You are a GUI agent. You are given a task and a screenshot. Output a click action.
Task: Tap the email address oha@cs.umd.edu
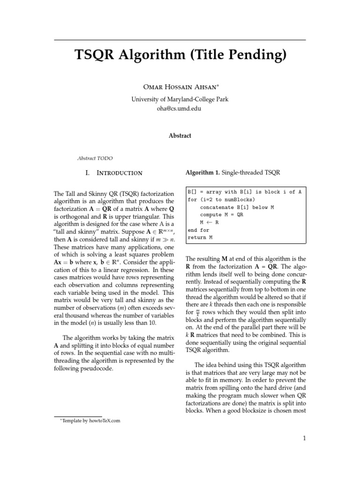tap(180, 108)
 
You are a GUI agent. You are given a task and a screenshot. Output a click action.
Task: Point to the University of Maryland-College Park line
tap(180, 99)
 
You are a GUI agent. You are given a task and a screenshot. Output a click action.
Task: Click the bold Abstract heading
tap(180, 135)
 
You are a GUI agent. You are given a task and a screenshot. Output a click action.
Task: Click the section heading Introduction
tap(119, 173)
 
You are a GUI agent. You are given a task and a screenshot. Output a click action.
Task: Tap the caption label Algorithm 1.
tap(202, 173)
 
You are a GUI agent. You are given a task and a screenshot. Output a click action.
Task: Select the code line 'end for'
tap(198, 230)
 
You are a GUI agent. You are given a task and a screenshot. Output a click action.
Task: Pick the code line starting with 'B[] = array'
tap(244, 192)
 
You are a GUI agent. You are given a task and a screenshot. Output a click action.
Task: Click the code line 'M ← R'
tap(210, 223)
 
